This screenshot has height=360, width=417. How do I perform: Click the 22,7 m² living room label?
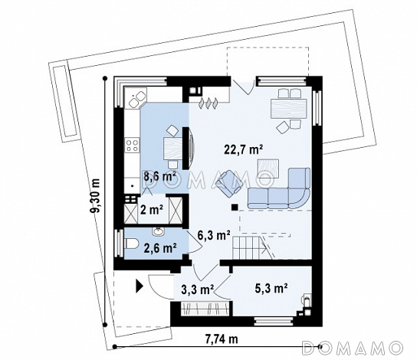pyautogui.click(x=244, y=149)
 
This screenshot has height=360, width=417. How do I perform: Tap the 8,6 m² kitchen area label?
pyautogui.click(x=160, y=176)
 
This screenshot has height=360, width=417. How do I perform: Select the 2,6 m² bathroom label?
pyautogui.click(x=160, y=248)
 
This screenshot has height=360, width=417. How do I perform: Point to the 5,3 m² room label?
pyautogui.click(x=271, y=288)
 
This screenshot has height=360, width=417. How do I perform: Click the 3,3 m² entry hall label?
pyautogui.click(x=198, y=290)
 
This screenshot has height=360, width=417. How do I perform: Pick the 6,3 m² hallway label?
pyautogui.click(x=214, y=235)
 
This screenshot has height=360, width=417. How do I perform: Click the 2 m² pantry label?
pyautogui.click(x=152, y=210)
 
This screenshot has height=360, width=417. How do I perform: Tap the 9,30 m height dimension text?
pyautogui.click(x=95, y=196)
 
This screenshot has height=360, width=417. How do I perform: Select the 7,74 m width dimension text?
pyautogui.click(x=222, y=339)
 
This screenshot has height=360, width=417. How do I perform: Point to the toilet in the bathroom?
pyautogui.click(x=131, y=244)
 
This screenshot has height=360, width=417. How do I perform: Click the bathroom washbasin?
pyautogui.click(x=158, y=232)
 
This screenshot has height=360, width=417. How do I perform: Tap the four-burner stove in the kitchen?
pyautogui.click(x=132, y=145)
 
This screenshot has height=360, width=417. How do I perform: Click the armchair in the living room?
pyautogui.click(x=228, y=184)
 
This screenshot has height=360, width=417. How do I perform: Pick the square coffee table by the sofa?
pyautogui.click(x=268, y=169)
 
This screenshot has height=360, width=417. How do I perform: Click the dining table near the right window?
pyautogui.click(x=288, y=109)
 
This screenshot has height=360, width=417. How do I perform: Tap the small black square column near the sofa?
pyautogui.click(x=235, y=208)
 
